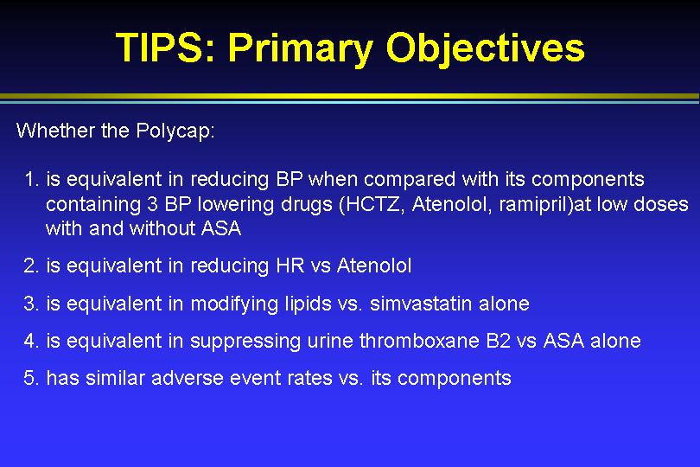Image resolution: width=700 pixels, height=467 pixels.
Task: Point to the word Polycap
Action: click(175, 131)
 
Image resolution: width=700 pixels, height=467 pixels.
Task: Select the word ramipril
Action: click(535, 205)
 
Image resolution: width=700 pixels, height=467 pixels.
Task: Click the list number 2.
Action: click(31, 265)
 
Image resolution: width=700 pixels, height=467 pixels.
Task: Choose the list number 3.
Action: click(31, 304)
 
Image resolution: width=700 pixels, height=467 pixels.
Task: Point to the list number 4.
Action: click(31, 341)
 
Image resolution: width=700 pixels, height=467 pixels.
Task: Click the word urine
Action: click(330, 341)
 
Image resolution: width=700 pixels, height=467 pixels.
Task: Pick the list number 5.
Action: click(31, 378)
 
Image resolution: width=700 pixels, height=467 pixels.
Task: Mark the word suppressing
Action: click(245, 342)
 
